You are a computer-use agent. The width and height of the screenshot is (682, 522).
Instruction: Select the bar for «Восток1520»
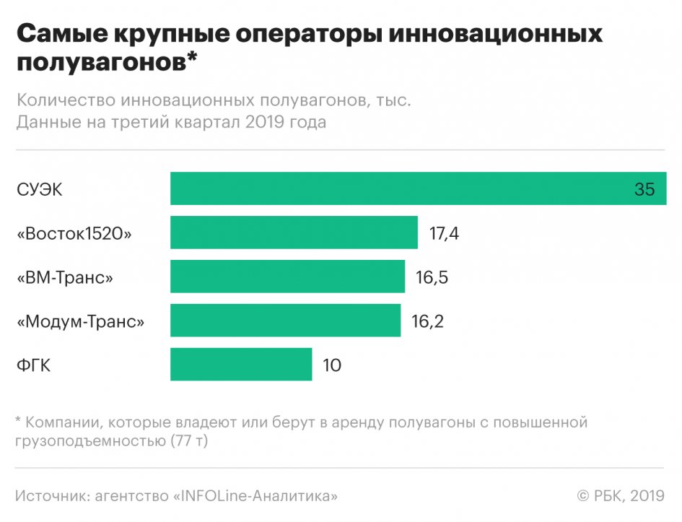click(294, 232)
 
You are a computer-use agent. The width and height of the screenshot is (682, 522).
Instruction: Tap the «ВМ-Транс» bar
click(287, 277)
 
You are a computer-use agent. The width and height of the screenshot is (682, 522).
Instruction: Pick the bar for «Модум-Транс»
click(285, 321)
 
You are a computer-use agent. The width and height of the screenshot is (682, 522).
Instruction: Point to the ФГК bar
click(241, 365)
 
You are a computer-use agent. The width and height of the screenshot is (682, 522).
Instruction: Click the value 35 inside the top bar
click(644, 189)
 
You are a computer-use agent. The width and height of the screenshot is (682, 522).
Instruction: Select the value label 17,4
click(444, 233)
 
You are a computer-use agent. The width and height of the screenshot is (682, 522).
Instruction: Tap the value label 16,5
click(432, 277)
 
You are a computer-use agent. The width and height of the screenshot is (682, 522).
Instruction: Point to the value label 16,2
click(427, 321)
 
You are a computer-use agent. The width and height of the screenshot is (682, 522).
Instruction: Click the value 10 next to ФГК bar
click(332, 365)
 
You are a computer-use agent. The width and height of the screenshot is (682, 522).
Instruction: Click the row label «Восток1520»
click(74, 233)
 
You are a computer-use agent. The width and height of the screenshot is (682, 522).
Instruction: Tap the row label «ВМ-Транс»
click(65, 277)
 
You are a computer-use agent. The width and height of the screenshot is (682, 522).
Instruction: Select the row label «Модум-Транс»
click(80, 321)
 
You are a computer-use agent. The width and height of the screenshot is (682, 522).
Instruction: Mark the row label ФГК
click(33, 365)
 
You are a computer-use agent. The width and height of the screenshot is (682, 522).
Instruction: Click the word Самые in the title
click(61, 35)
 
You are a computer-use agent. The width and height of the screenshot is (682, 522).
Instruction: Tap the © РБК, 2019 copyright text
click(620, 496)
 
